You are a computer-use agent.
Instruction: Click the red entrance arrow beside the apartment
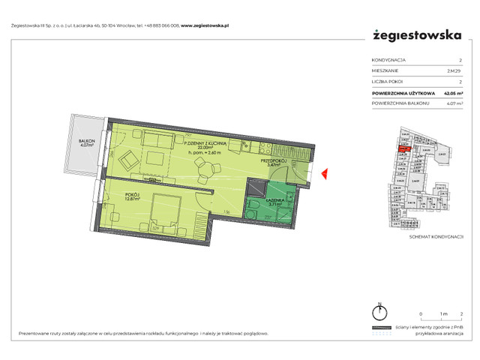pyautogui.click(x=324, y=175)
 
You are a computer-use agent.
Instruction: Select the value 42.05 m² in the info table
pyautogui.click(x=450, y=92)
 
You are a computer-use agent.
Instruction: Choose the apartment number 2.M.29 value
pyautogui.click(x=454, y=70)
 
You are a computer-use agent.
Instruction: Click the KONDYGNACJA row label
pyautogui.click(x=388, y=60)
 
